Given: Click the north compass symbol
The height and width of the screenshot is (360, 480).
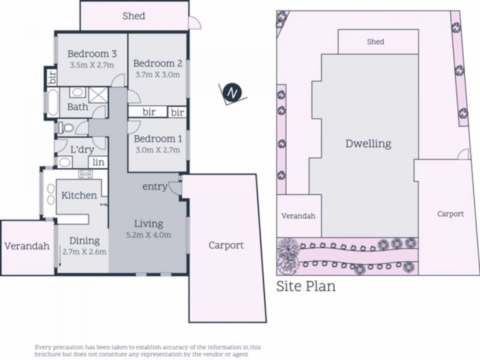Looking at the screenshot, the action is click(x=232, y=93).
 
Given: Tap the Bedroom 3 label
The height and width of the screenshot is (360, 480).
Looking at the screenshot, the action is click(x=92, y=54).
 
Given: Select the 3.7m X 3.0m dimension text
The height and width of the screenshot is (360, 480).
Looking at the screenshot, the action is click(x=158, y=74).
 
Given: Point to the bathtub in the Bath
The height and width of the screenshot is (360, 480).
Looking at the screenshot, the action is click(x=53, y=102).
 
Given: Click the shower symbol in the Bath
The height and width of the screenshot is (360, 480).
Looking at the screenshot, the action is click(x=98, y=95).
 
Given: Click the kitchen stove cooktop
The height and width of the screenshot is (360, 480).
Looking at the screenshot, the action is click(x=85, y=175).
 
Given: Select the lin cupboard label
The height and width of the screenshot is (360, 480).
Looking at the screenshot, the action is click(x=98, y=162).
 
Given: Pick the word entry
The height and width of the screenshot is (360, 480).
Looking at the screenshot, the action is click(x=155, y=187).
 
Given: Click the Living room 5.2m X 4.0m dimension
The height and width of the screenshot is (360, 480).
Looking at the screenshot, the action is click(x=148, y=235).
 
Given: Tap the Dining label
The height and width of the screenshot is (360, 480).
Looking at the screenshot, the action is click(x=85, y=241).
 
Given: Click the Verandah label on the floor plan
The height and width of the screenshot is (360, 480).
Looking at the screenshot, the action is click(x=27, y=246).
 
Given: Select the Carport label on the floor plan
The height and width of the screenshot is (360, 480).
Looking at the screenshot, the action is click(x=226, y=245).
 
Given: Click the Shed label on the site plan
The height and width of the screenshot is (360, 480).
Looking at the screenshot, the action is click(x=376, y=41).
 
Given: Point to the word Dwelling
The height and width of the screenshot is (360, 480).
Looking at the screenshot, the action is click(x=368, y=143).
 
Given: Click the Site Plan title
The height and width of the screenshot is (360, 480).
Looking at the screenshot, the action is click(x=306, y=286).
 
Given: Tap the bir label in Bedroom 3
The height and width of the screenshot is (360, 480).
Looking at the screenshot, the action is click(x=53, y=77).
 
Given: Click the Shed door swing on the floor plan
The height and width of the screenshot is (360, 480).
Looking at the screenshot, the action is click(x=195, y=23).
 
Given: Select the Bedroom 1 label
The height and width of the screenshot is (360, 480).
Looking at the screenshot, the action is click(x=158, y=139).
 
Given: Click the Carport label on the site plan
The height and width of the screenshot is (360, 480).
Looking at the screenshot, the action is click(x=451, y=214).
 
